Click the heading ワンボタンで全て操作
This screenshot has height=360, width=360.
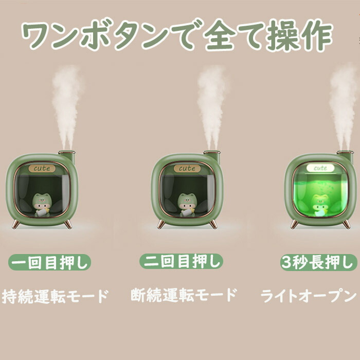177,35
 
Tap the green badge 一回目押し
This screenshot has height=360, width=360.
49,262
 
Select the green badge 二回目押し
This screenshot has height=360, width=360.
181,261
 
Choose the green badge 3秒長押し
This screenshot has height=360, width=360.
319,262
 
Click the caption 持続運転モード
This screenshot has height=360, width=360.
55,296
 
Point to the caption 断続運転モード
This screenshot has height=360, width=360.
184,295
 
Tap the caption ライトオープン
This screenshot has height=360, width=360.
309,296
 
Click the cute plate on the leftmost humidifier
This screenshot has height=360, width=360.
42,169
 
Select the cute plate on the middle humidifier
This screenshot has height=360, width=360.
187,168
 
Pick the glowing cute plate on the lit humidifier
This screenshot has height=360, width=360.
320,168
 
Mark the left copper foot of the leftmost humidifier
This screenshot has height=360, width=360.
15,224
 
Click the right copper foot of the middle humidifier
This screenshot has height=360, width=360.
213,224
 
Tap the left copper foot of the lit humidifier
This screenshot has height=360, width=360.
294,224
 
